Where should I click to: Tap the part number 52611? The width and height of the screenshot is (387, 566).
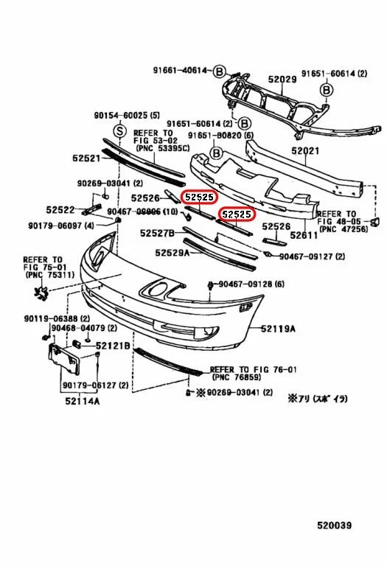[x=304, y=235]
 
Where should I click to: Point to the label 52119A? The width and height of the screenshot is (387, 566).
[x=277, y=329]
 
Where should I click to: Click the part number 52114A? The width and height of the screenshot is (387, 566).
[x=82, y=401]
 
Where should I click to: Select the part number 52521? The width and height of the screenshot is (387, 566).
[x=87, y=158]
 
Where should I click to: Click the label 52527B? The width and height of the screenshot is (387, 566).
[x=157, y=233]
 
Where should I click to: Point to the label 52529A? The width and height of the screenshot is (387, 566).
[x=172, y=252]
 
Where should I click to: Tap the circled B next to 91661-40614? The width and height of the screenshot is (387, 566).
[x=218, y=71]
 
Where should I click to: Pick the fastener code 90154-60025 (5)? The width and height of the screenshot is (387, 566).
[x=127, y=116]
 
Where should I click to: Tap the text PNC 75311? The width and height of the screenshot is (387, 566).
[x=46, y=275]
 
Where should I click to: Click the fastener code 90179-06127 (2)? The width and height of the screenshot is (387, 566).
[x=95, y=385]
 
